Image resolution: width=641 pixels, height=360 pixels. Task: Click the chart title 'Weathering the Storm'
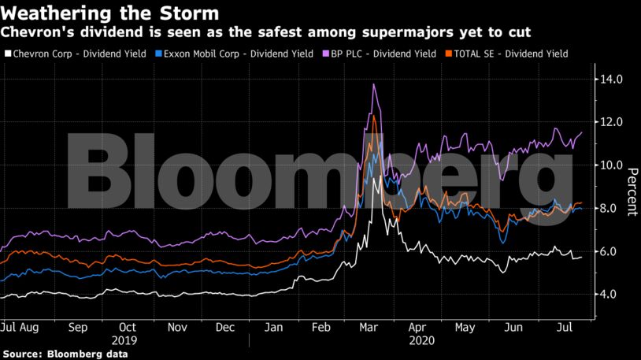tap(110, 14)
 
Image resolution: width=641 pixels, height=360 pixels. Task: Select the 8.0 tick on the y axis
tap(614, 209)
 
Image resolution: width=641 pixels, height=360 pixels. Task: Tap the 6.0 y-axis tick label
tap(614, 251)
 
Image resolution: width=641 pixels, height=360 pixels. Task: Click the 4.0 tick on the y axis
tap(614, 295)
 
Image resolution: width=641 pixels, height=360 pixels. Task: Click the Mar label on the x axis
tap(367, 326)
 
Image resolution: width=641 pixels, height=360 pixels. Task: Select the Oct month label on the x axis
tap(127, 326)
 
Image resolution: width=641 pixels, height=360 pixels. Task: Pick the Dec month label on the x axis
tap(224, 326)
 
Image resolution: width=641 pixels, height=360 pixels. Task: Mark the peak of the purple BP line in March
tap(373, 84)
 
